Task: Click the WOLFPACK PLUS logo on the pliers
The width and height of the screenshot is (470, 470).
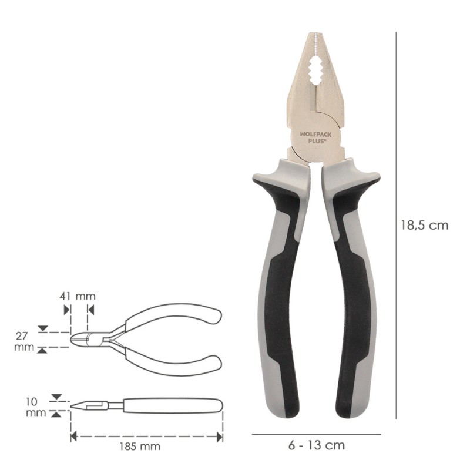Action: [x=311, y=137]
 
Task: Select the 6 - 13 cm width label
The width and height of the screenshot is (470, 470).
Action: [x=316, y=445]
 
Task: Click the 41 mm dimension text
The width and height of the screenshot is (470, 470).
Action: [x=78, y=296]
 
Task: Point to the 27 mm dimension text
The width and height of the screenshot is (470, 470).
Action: [x=24, y=341]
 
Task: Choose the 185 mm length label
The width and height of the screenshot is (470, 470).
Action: [x=140, y=446]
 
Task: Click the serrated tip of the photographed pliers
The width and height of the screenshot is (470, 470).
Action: [x=314, y=42]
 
